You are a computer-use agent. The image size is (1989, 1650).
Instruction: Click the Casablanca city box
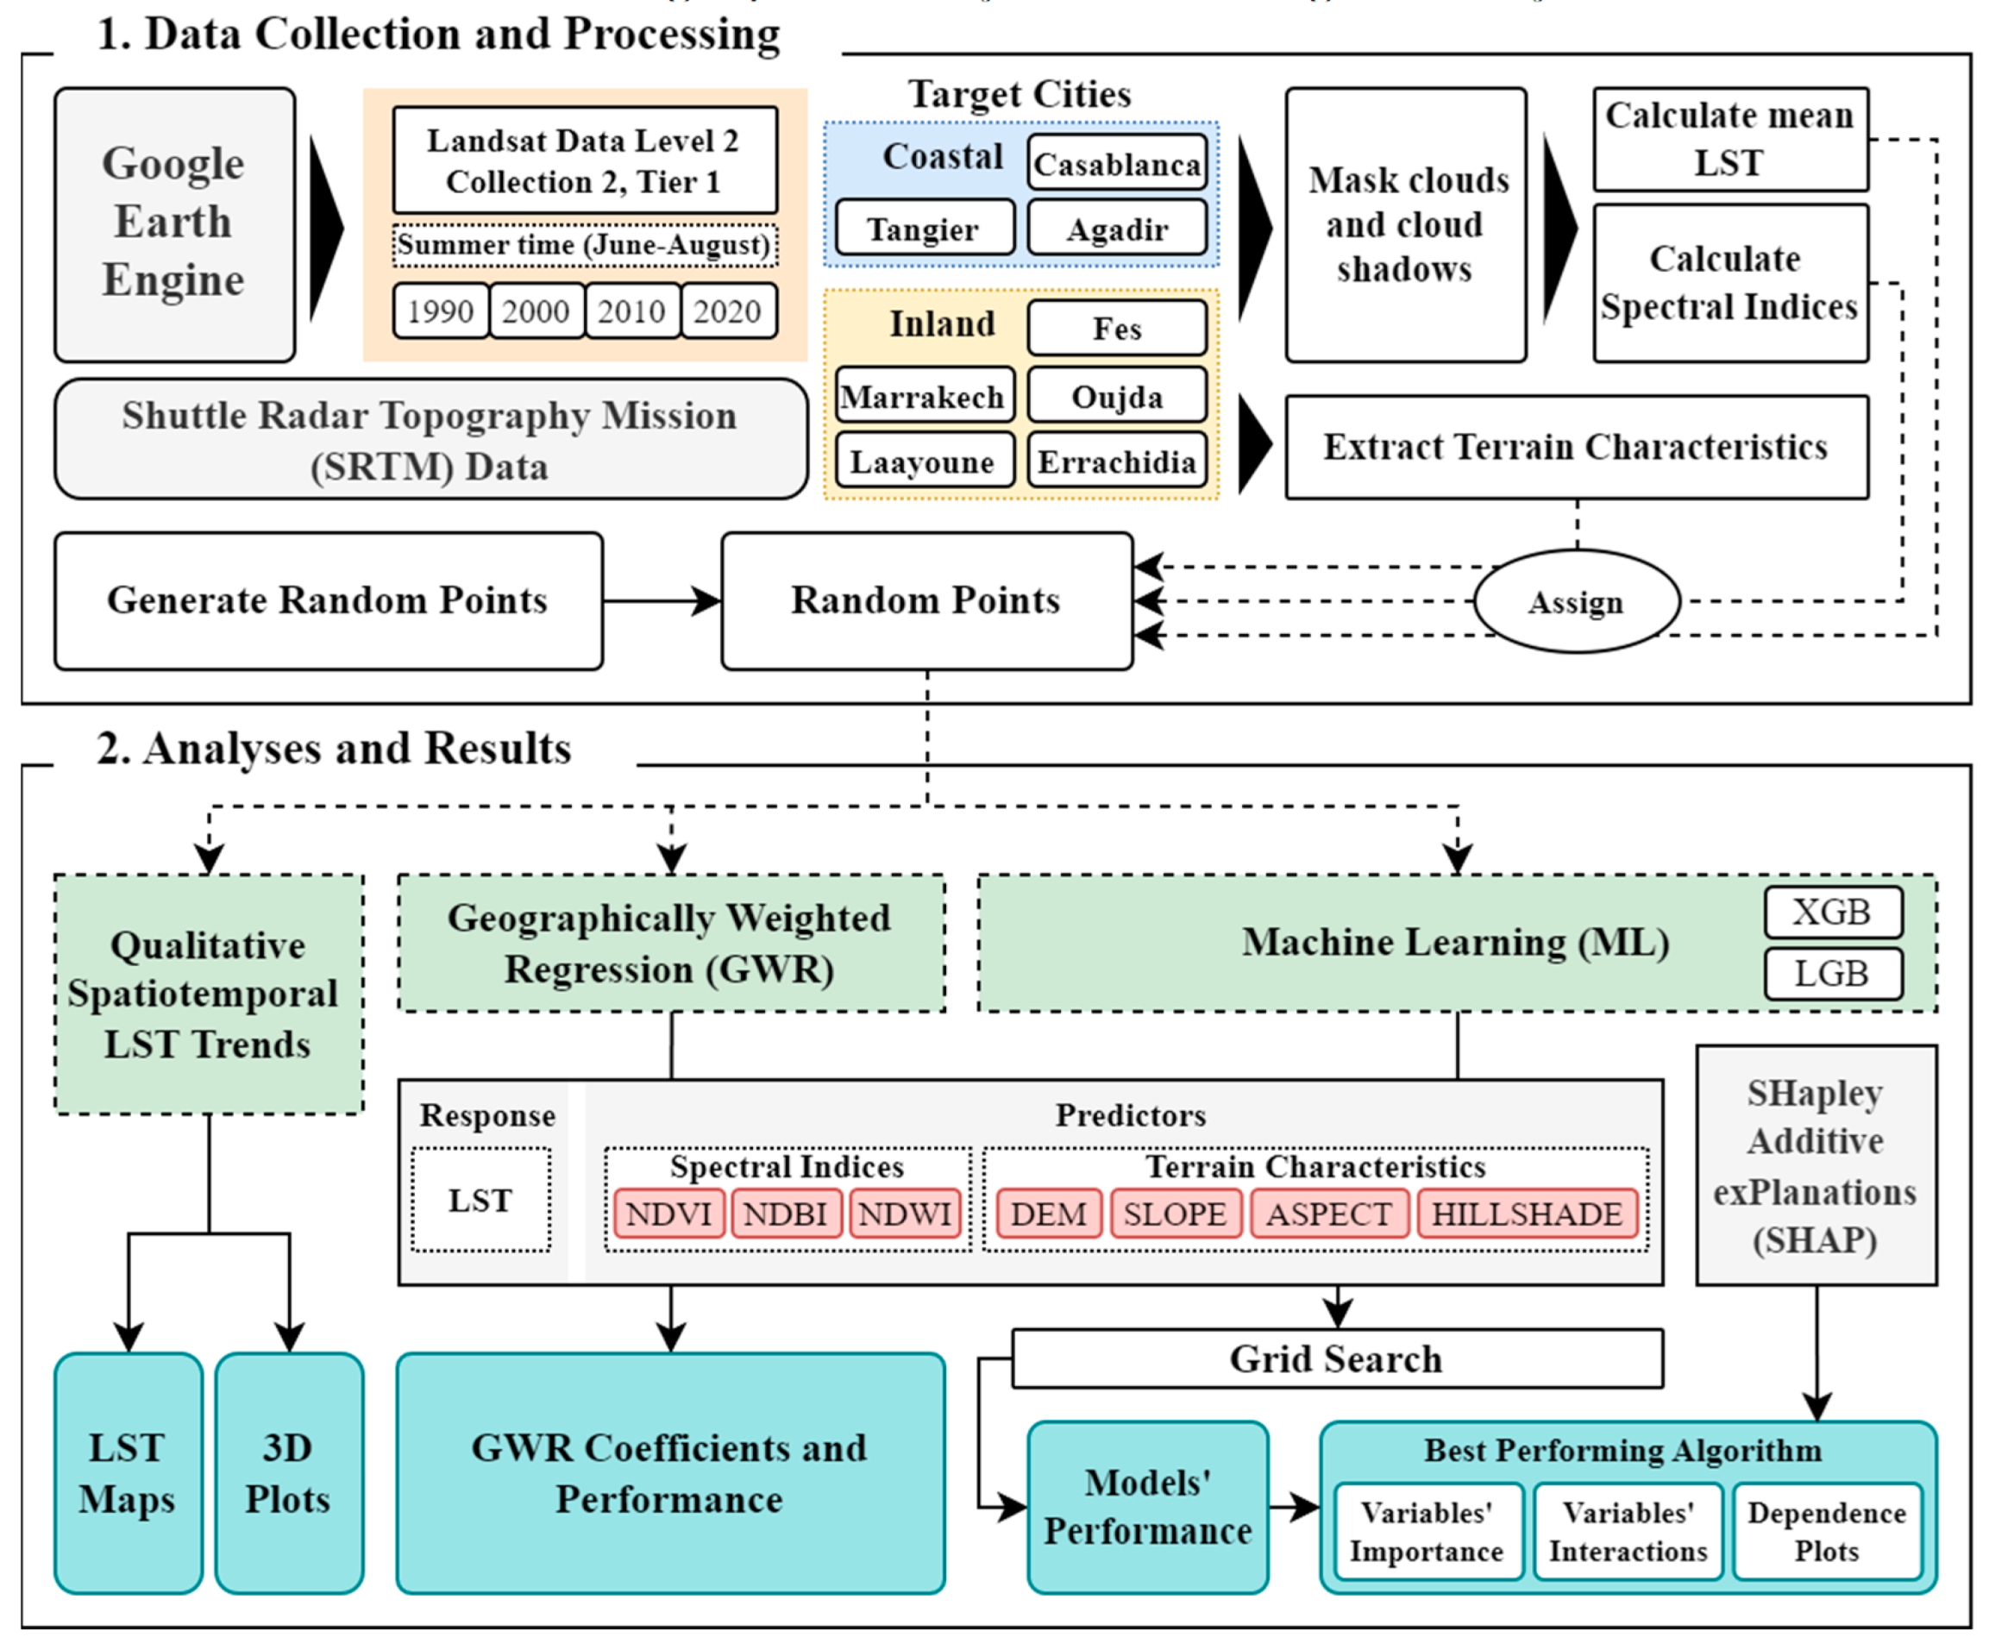[x=1117, y=163]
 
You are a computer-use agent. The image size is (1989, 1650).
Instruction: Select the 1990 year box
[x=441, y=311]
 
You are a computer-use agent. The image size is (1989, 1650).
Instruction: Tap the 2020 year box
[x=727, y=311]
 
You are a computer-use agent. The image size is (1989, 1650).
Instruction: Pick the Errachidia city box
[x=1117, y=461]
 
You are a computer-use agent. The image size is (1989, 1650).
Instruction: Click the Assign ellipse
[x=1577, y=601]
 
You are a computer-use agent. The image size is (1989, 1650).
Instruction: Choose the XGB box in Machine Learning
[x=1833, y=911]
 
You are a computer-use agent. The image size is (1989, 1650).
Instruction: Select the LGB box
[x=1833, y=974]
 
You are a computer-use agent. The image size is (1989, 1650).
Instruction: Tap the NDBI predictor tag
[x=786, y=1214]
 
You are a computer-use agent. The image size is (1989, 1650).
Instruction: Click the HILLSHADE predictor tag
[x=1527, y=1214]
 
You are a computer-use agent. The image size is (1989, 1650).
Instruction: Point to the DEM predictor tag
[x=1049, y=1214]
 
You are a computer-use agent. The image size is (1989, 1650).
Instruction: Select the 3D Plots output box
[x=289, y=1473]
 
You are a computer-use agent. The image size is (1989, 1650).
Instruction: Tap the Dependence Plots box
[x=1827, y=1532]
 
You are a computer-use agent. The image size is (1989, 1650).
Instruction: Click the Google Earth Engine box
[x=174, y=224]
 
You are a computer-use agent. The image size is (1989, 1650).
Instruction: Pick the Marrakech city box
[x=925, y=395]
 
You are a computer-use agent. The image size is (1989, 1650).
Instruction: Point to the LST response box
[x=481, y=1200]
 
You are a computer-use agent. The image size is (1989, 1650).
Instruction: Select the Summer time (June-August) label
[x=585, y=245]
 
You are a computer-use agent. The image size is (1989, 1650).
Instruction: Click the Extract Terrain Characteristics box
[x=1577, y=447]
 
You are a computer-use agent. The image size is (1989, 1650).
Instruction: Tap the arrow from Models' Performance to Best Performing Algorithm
[x=1295, y=1505]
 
